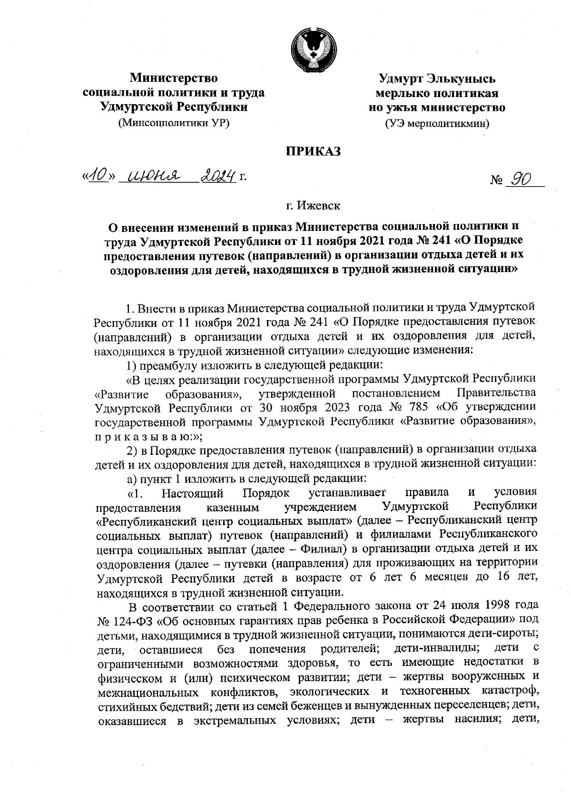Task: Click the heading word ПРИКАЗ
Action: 314,152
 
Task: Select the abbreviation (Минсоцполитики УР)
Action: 174,123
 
